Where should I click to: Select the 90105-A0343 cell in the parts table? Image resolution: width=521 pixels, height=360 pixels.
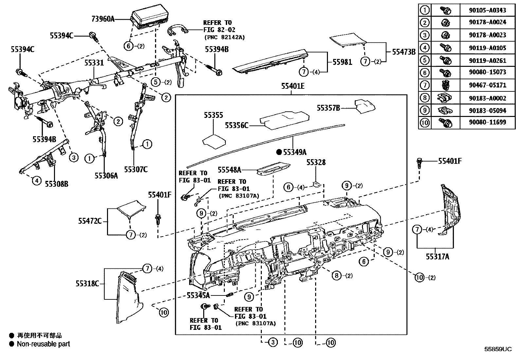click(487, 10)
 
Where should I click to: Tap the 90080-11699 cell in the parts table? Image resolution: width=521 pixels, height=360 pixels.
click(487, 123)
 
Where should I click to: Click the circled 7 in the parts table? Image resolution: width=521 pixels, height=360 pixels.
click(425, 85)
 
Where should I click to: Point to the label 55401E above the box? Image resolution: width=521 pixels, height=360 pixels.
click(293, 86)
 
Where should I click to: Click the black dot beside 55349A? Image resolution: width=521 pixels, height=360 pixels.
click(279, 152)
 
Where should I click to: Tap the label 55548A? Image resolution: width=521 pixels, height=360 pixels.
click(229, 169)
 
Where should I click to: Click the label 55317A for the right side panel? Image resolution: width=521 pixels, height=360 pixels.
click(437, 257)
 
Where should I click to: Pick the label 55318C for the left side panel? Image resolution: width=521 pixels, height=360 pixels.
click(87, 284)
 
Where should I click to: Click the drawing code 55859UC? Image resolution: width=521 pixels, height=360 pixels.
click(498, 349)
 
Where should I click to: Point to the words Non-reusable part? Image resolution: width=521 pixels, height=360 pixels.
click(43, 344)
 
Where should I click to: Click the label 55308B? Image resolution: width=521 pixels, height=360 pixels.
click(57, 184)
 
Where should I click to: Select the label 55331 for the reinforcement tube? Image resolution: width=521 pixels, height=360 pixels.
click(94, 63)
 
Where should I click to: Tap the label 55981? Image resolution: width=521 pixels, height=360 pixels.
click(342, 62)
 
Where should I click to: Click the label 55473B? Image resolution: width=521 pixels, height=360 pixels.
click(404, 51)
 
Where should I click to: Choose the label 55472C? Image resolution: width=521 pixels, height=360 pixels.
click(90, 221)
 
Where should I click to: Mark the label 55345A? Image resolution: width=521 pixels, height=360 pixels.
click(198, 295)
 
